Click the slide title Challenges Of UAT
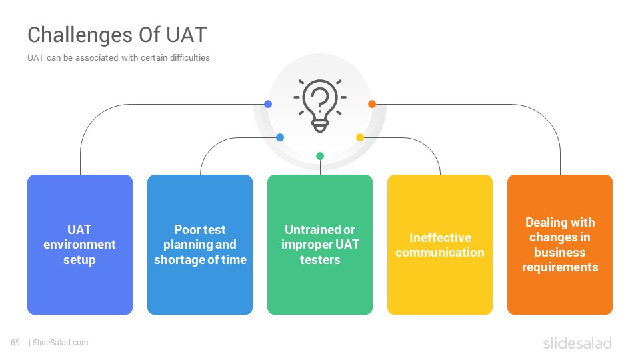tap(117, 35)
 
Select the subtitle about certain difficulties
tap(119, 58)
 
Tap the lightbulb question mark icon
tap(320, 105)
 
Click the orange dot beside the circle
tap(372, 104)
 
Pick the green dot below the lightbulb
tap(320, 156)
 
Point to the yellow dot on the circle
tap(360, 137)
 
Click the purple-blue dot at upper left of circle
tap(268, 104)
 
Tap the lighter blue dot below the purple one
tap(280, 137)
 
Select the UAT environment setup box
tap(80, 245)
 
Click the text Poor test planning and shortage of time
tap(200, 245)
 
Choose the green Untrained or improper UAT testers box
tap(320, 245)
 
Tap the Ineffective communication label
tap(440, 245)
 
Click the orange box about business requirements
tap(560, 245)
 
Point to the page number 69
tap(15, 343)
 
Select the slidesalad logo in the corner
tap(577, 343)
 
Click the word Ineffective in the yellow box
tap(441, 237)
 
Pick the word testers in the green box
tap(320, 259)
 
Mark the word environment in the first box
tap(79, 245)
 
